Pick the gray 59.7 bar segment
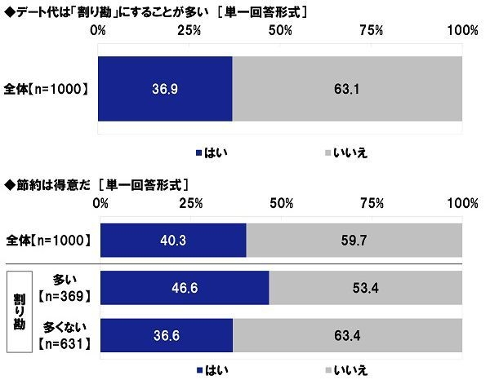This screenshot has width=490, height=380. (354, 241)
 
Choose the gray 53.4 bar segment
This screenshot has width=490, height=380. (365, 287)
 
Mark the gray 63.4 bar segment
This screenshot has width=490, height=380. (348, 334)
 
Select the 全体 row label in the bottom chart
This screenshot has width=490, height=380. (49, 241)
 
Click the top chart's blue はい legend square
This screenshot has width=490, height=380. (198, 152)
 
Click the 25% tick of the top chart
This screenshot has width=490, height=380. (189, 30)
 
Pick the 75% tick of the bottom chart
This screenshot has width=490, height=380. (372, 202)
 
